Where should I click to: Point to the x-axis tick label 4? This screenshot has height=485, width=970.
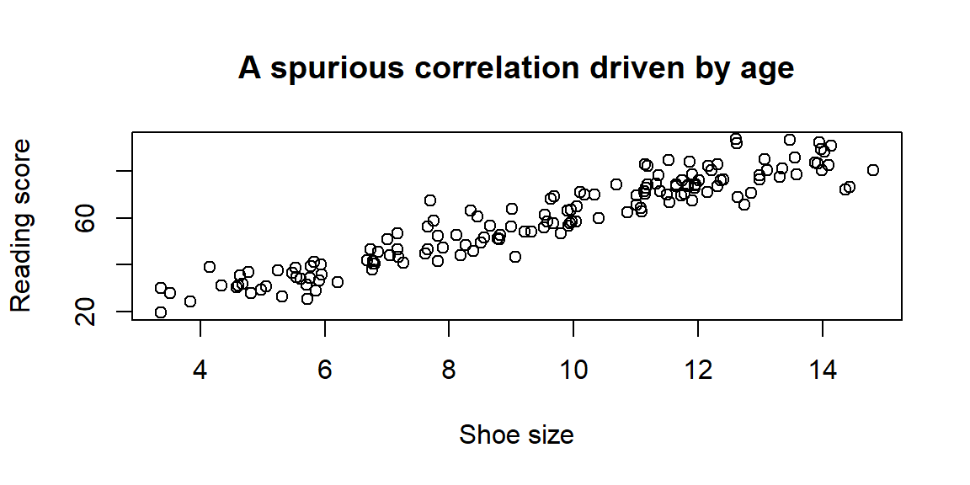(x=200, y=370)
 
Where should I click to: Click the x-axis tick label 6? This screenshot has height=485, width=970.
(x=325, y=370)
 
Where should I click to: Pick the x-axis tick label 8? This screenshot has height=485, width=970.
(x=449, y=370)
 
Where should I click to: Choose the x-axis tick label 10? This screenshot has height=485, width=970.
(x=573, y=370)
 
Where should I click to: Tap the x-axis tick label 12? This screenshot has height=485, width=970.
(x=698, y=370)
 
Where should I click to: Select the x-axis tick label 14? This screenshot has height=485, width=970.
(x=823, y=370)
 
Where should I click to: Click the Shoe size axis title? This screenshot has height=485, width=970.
(x=516, y=434)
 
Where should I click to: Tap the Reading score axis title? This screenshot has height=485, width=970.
(x=20, y=225)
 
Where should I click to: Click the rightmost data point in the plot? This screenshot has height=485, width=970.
(x=873, y=170)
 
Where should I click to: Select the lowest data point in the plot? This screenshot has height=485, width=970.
(x=161, y=312)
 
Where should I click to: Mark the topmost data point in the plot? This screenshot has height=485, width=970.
(x=736, y=139)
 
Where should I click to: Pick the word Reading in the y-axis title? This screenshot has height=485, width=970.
(x=20, y=269)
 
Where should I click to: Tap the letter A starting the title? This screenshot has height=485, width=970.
(x=249, y=68)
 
